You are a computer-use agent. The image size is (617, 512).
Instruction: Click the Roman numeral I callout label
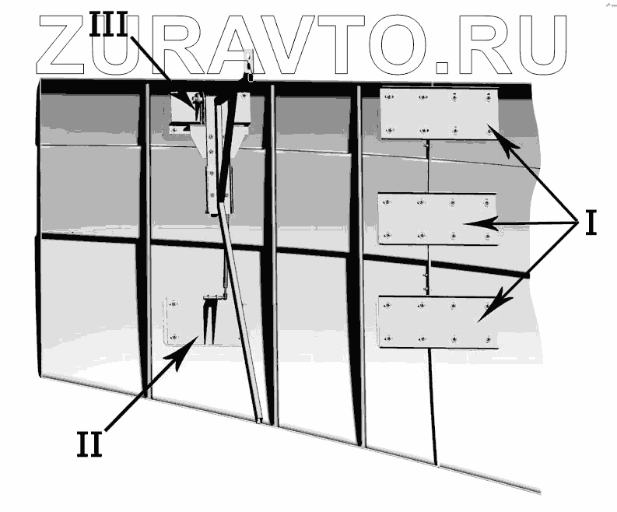[591, 223]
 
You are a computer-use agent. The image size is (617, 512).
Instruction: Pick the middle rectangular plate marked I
[437, 219]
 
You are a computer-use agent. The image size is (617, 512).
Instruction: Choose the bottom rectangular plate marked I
[437, 322]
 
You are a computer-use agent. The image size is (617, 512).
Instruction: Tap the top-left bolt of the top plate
[389, 96]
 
